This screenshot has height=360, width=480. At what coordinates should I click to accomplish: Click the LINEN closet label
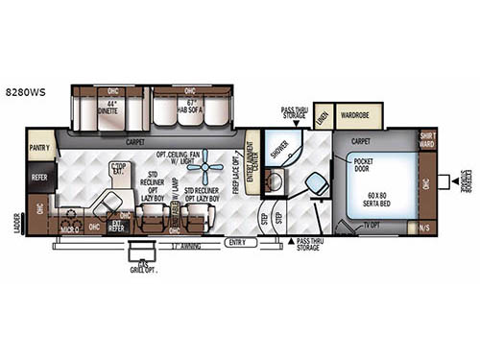tap(322, 116)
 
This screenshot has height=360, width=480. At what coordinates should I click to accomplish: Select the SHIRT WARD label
tap(427, 140)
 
